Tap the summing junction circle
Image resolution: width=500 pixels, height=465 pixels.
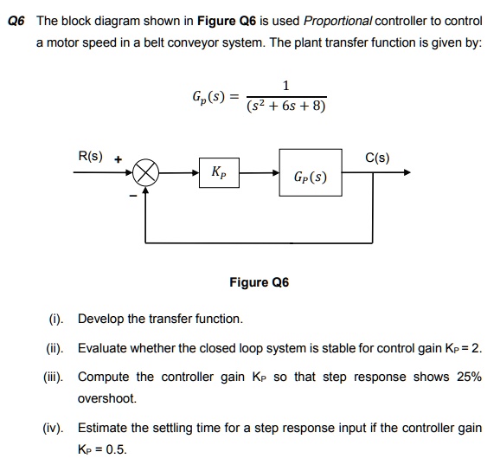[x=145, y=172]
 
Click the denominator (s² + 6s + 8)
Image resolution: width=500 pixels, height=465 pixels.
[x=286, y=107]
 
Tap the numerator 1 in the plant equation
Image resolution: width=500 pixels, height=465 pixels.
[x=286, y=85]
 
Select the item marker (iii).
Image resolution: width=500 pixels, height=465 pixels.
[x=54, y=378]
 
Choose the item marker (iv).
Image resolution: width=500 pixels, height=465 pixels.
[x=54, y=428]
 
